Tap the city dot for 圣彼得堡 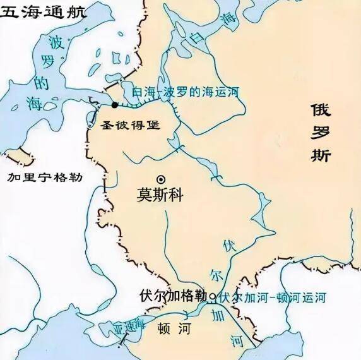(114, 104)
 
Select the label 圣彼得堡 (131, 124)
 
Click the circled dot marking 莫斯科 (161, 179)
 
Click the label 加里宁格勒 (45, 177)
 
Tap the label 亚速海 (129, 325)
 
